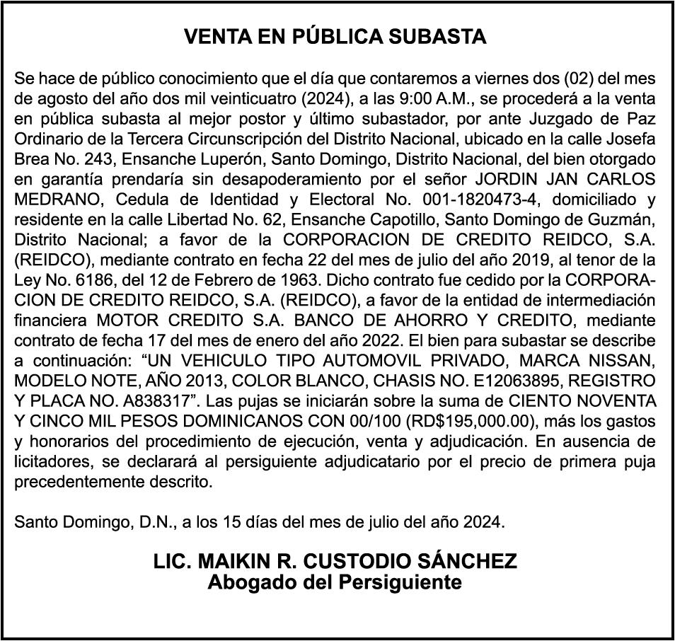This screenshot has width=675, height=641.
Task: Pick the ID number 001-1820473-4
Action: (444, 199)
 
